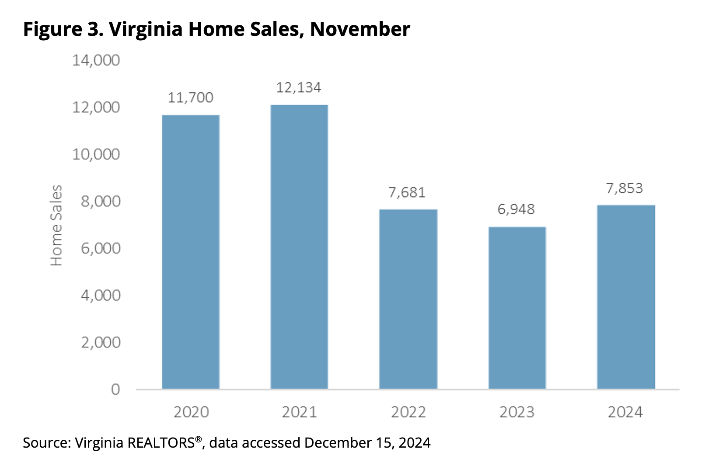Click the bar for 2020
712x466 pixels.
191,252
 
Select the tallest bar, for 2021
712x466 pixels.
299,247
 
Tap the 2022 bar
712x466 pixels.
408,299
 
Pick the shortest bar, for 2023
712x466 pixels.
517,308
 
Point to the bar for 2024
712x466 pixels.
626,297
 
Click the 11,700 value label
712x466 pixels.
191,97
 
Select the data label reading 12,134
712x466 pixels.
299,87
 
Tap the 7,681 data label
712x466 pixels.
407,192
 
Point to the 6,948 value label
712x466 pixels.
516,209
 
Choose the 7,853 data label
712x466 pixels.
625,188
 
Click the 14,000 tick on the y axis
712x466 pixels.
96,60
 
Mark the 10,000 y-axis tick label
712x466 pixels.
96,154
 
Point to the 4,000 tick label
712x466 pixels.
101,295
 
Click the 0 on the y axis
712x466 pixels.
115,389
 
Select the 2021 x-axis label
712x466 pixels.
299,412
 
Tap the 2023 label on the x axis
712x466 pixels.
517,412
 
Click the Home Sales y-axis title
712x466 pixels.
57,225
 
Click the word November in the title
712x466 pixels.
360,29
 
